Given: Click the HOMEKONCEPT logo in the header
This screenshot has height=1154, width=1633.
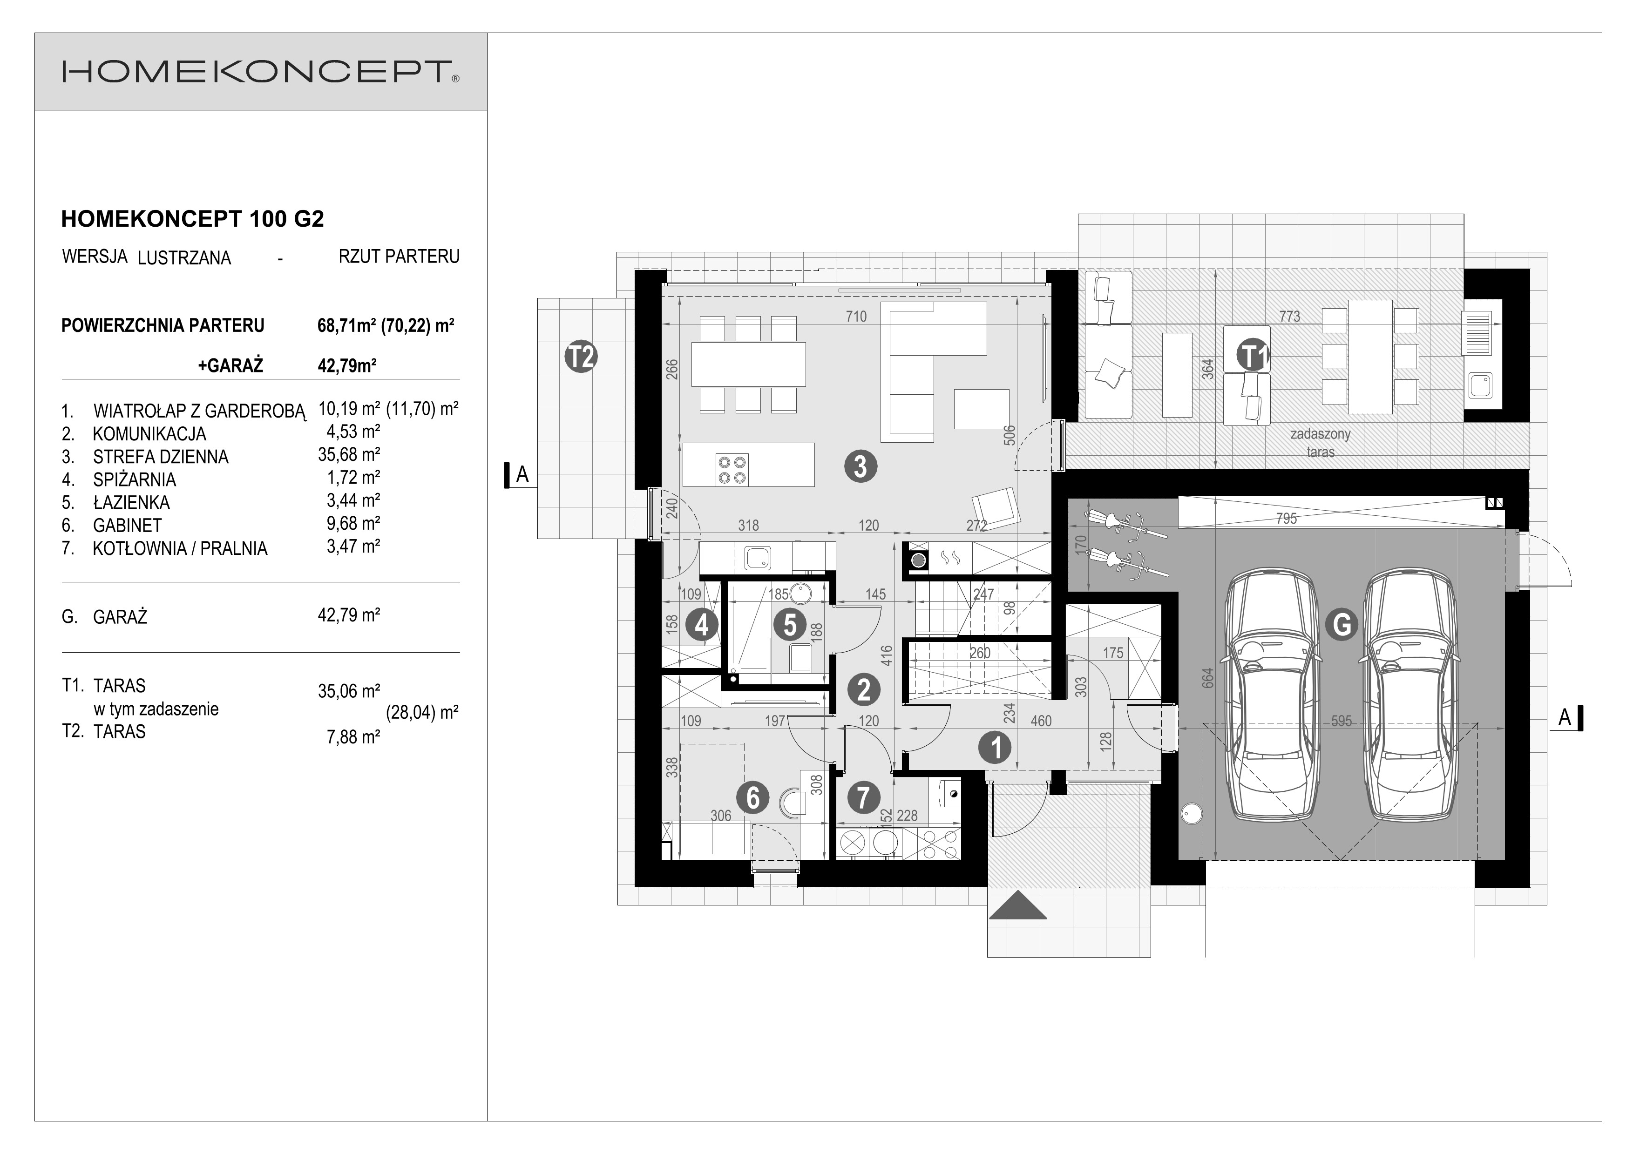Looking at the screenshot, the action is (260, 72).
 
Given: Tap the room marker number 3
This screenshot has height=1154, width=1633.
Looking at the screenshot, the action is (861, 467).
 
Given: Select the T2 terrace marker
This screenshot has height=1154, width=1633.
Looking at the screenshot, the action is (581, 357).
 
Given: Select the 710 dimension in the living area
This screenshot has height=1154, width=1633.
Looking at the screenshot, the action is (856, 317).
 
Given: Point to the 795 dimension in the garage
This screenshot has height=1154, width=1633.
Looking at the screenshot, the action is (1287, 518).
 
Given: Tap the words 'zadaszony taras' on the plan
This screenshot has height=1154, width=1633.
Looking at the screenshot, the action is (1320, 442).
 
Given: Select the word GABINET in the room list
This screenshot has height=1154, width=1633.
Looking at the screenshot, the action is (127, 526).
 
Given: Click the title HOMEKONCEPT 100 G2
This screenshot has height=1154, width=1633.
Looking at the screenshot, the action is (193, 219).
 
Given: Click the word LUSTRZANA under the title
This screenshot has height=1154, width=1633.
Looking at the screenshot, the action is (184, 258).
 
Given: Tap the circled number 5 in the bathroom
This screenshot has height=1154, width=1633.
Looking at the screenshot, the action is (790, 625).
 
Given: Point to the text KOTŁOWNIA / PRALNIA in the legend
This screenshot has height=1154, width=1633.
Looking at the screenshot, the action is (180, 549).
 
